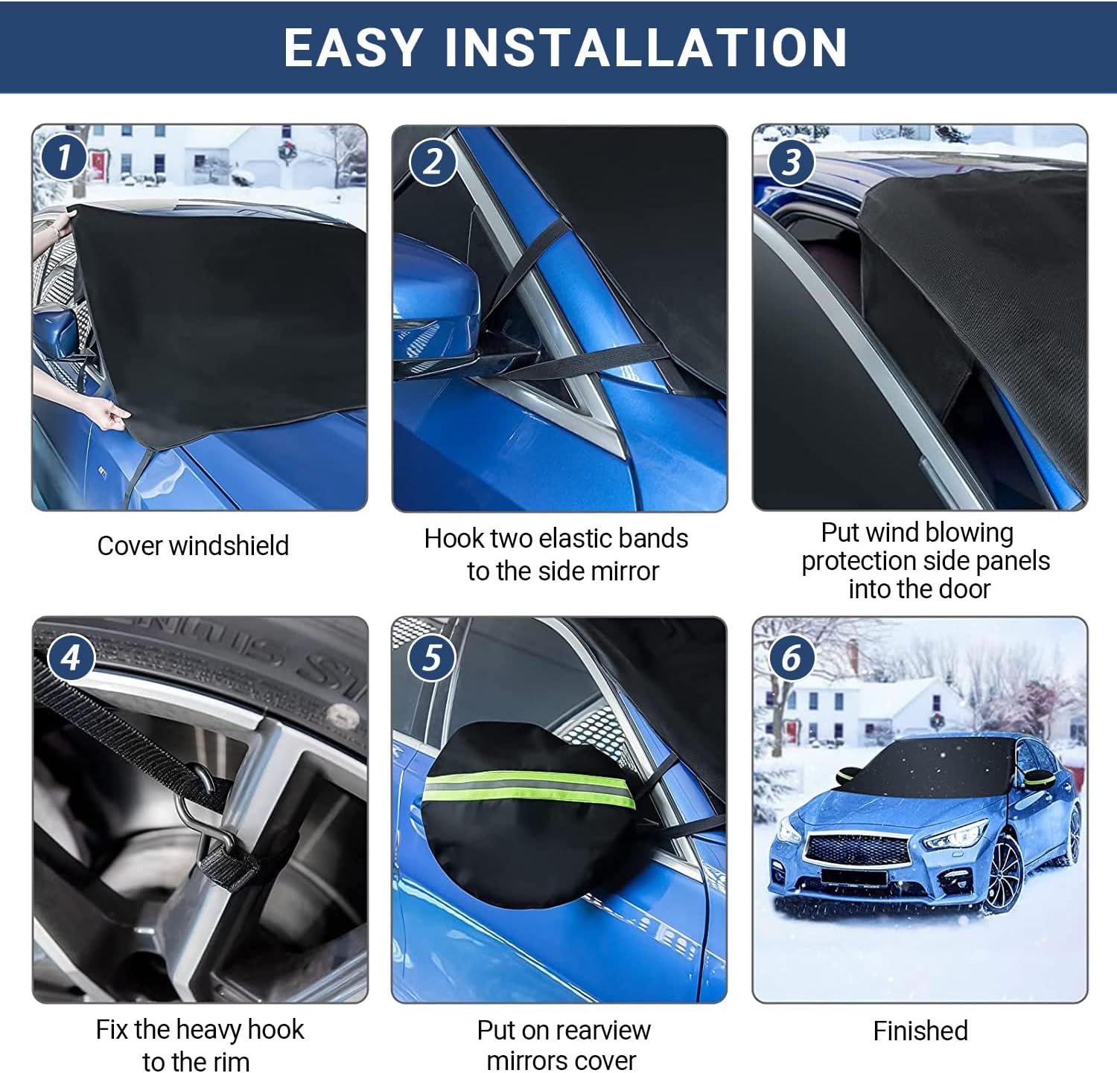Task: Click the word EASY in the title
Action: (353, 48)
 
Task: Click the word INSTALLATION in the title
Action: (646, 48)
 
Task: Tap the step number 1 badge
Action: (64, 157)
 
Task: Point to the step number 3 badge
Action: (792, 161)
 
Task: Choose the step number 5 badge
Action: (432, 658)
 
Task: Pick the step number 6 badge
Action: (792, 657)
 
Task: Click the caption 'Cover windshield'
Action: (193, 545)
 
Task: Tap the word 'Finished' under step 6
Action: (920, 1031)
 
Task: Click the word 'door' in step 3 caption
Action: (963, 589)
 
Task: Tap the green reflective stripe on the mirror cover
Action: (529, 790)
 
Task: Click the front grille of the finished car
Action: (858, 848)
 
